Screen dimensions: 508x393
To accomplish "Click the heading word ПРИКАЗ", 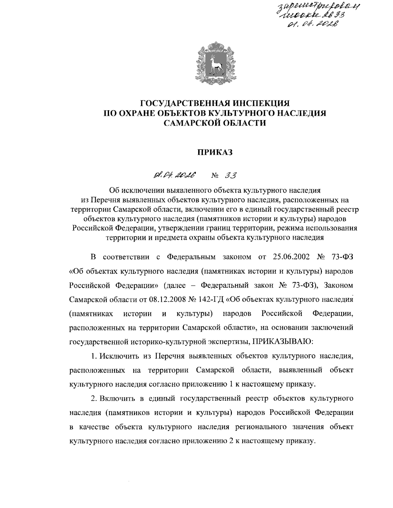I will [214, 152].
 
